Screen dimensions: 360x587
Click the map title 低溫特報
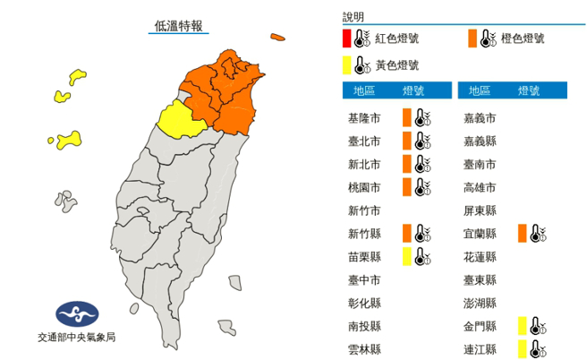point(179,26)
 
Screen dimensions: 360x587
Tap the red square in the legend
point(345,39)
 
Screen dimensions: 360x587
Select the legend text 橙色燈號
point(522,39)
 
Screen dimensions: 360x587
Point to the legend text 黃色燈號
point(396,64)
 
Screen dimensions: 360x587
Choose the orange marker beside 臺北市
point(406,141)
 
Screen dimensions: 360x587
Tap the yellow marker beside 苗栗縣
point(406,257)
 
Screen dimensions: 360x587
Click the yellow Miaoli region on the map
point(176,120)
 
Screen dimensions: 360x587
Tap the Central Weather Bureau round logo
point(76,315)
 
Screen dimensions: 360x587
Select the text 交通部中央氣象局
point(76,338)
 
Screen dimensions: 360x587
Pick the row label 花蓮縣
point(479,257)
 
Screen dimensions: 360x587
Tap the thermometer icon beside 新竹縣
point(422,234)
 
